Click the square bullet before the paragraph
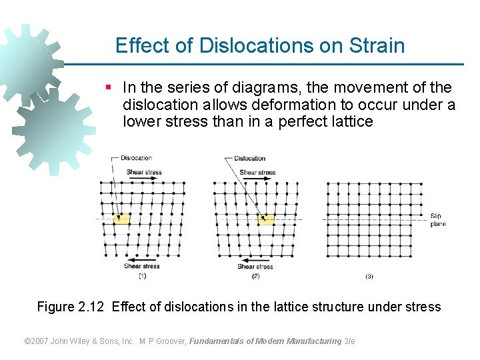click(x=109, y=88)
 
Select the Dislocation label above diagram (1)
click(x=136, y=158)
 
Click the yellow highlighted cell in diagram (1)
click(x=121, y=219)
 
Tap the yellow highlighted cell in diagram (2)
click(x=266, y=219)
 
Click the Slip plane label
click(x=437, y=219)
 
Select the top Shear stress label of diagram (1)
click(x=144, y=172)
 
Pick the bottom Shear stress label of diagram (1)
click(x=141, y=266)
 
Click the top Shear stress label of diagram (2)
click(x=257, y=172)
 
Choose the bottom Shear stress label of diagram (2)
click(x=255, y=267)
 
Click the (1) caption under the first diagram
click(x=142, y=275)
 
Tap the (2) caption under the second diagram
click(x=255, y=275)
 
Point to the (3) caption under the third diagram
click(x=369, y=275)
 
